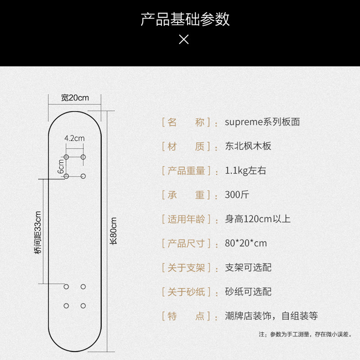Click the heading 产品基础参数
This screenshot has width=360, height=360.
pos(185,19)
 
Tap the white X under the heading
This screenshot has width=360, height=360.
pos(184,40)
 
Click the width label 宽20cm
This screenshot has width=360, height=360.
pos(75,98)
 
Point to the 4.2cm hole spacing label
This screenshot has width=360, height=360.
pos(75,139)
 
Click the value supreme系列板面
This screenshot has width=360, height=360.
pos(262,122)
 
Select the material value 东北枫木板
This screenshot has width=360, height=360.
pos(248,146)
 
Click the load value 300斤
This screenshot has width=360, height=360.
pos(237,195)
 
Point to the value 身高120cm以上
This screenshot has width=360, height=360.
pos(258,219)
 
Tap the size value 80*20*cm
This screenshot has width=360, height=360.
pos(246,243)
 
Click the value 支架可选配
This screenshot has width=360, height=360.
pos(248,268)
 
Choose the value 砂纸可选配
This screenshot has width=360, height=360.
pos(248,292)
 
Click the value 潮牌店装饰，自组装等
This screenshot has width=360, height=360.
pos(271,316)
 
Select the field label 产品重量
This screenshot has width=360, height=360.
pos(186,171)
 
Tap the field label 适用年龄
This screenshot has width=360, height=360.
pos(186,219)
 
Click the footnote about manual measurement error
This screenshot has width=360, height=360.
pos(305,334)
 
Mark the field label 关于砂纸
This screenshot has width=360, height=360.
pos(186,292)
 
